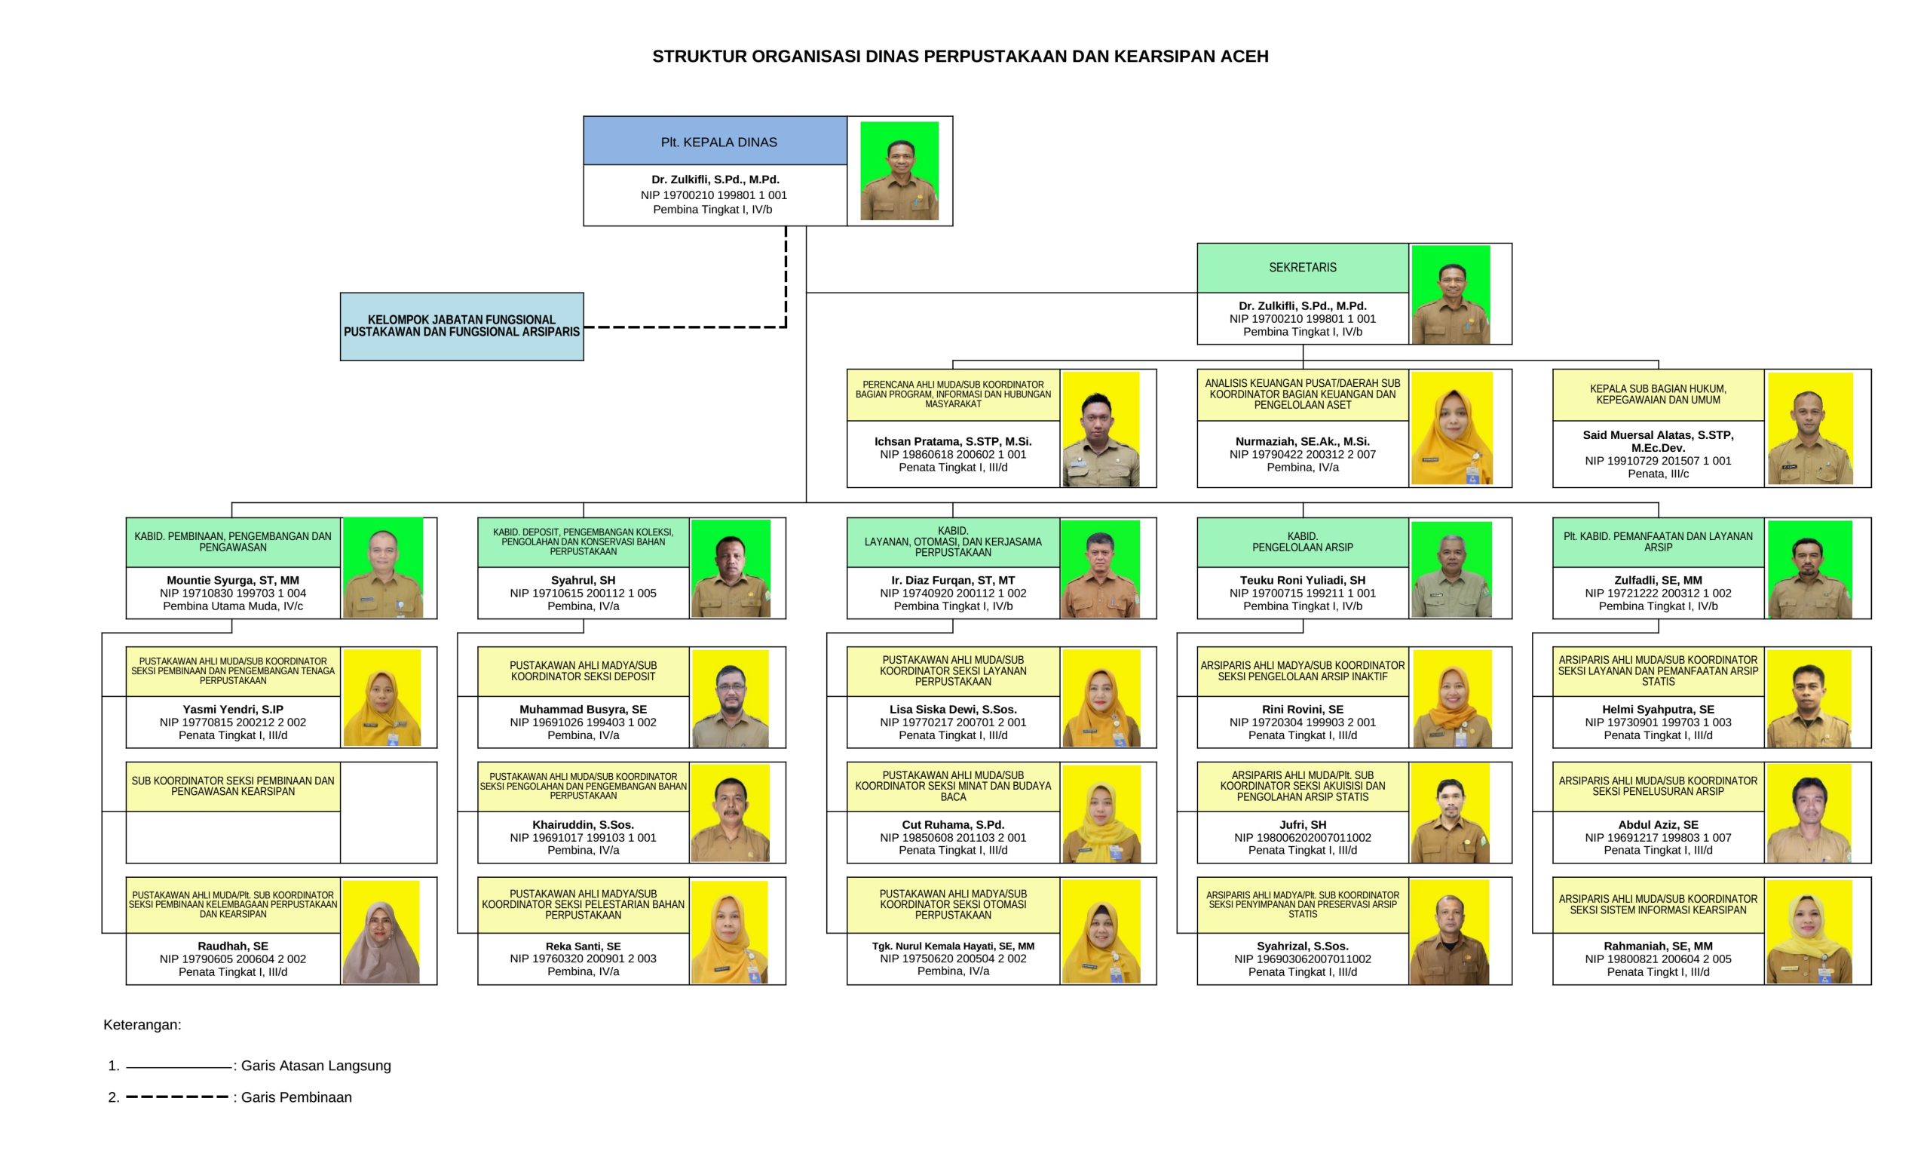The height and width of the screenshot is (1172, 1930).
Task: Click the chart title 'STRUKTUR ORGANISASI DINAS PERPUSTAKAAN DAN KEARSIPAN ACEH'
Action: click(960, 57)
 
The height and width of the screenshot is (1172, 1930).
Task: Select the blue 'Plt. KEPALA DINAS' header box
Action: click(715, 141)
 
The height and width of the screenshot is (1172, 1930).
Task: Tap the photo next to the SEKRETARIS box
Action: click(1451, 295)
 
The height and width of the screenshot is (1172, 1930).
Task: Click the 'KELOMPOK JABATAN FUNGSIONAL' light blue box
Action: click(461, 327)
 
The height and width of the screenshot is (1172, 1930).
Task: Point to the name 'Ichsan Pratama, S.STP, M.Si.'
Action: click(952, 441)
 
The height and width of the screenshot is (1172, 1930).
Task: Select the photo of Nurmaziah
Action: click(1451, 428)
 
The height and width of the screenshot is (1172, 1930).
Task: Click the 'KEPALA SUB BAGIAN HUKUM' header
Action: click(1658, 395)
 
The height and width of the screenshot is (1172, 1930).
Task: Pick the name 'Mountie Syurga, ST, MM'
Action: click(233, 581)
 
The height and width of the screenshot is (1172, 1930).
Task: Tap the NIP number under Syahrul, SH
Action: click(583, 593)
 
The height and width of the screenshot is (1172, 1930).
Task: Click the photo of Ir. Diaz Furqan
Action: click(1101, 569)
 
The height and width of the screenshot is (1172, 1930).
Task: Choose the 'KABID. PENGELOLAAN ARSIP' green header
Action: click(1303, 542)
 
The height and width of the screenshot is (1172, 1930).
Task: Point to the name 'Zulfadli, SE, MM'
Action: click(1658, 581)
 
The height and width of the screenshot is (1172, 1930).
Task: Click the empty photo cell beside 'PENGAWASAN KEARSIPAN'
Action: click(388, 812)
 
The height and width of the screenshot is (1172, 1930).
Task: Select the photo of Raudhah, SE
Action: click(381, 932)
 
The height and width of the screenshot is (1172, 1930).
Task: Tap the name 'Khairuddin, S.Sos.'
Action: click(583, 825)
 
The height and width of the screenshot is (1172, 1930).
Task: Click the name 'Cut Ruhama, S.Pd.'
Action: click(952, 825)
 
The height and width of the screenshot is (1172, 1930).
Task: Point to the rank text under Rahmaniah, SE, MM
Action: click(1658, 972)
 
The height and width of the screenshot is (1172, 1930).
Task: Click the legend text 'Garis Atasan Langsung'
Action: click(316, 1066)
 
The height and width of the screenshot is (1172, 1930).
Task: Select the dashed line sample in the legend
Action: click(177, 1097)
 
